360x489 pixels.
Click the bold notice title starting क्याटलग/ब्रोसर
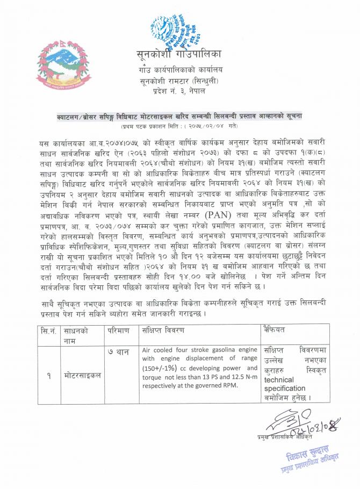181,116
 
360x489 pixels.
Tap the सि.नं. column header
46,329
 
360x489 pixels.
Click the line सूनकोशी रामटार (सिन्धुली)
177,80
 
